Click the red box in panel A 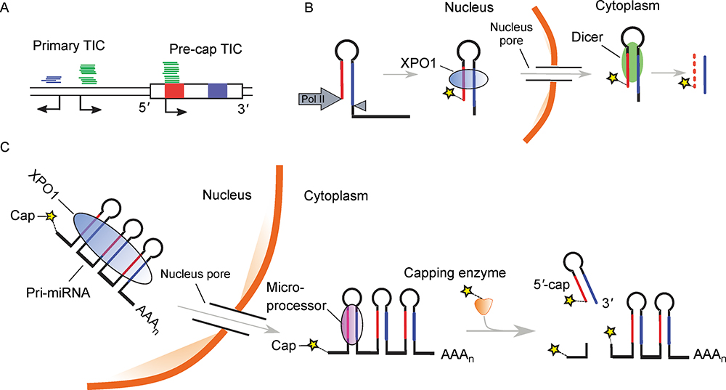point(174,91)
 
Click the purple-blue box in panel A point(218,91)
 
